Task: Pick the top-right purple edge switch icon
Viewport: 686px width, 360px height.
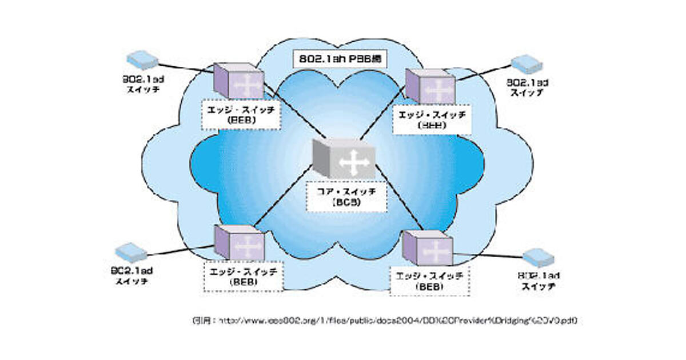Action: click(x=430, y=86)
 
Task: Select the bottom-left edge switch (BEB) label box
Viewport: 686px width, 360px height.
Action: click(x=242, y=277)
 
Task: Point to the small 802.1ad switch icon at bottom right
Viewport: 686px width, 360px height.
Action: click(x=539, y=258)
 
